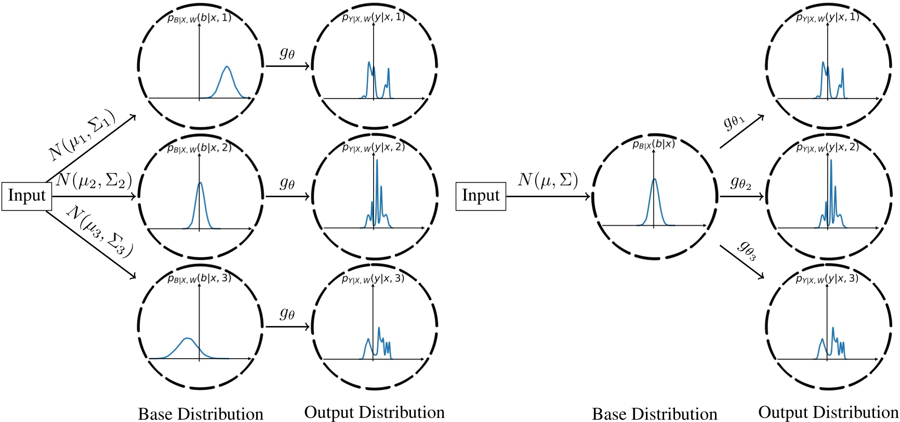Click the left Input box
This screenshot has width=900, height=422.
pos(27,196)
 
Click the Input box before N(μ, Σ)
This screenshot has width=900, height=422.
pos(481,196)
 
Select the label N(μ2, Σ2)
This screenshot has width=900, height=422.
pos(94,180)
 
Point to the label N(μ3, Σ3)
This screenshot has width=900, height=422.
pos(100,232)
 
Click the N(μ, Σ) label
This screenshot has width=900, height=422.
pos(548,180)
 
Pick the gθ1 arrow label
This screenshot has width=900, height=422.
pos(734,122)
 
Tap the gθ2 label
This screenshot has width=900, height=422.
pos(740,182)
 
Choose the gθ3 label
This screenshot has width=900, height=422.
pos(747,250)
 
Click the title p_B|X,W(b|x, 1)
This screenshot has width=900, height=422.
pos(200,18)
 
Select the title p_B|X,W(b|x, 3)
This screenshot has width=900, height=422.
pos(200,278)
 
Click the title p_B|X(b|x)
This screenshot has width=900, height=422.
pos(654,144)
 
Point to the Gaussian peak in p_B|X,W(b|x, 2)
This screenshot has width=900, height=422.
pos(200,183)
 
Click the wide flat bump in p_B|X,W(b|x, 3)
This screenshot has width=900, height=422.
pos(188,339)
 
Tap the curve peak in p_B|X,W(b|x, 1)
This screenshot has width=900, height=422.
pos(227,67)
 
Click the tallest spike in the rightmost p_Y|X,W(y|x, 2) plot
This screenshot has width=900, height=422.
pos(831,160)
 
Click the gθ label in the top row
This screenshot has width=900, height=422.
pos(287,53)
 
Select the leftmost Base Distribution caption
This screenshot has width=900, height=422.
pos(201,414)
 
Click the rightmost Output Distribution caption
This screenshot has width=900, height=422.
pos(828,412)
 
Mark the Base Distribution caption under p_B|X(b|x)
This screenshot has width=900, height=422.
pos(654,414)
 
